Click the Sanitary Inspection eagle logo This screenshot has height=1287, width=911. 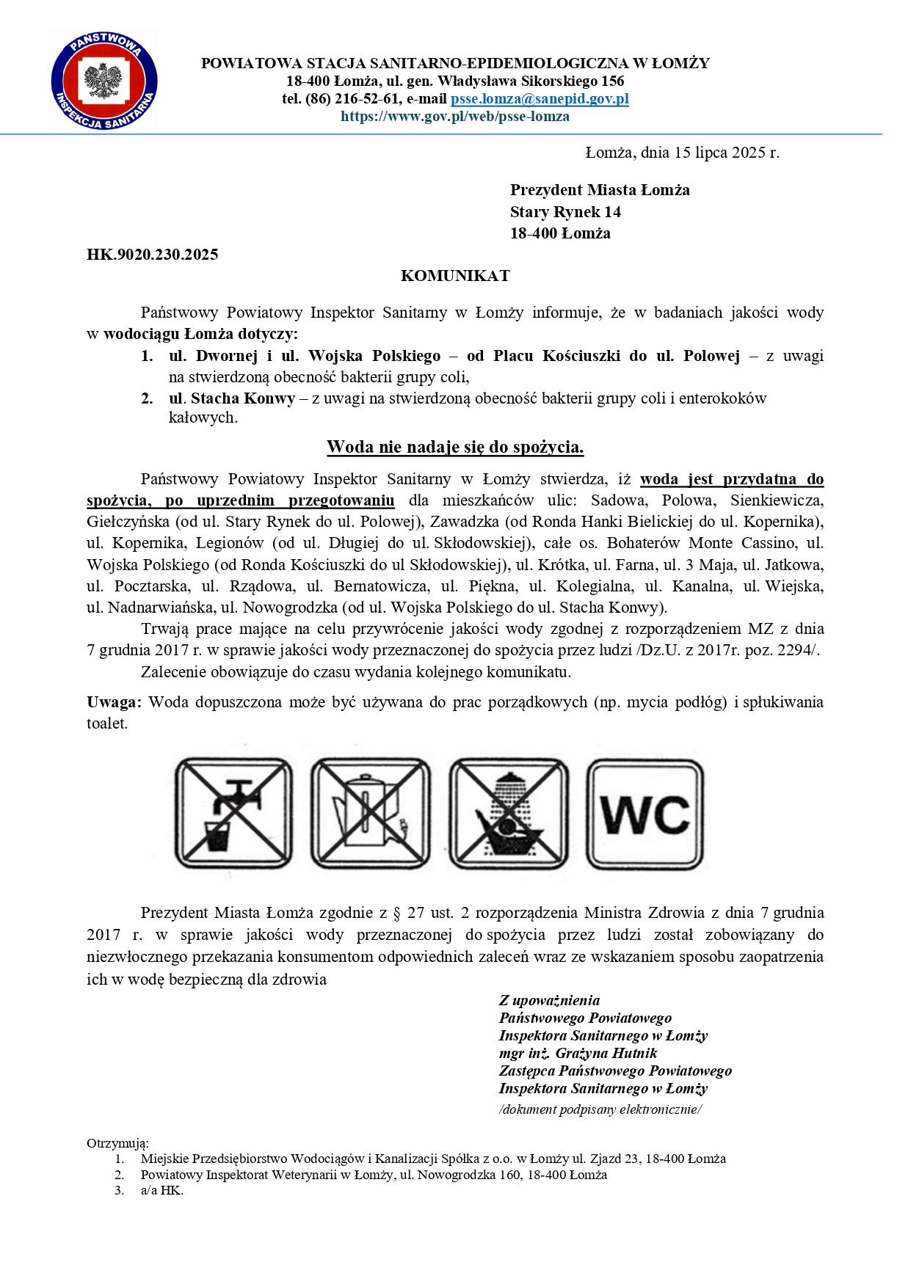click(x=104, y=81)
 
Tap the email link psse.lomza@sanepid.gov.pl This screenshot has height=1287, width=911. click(x=540, y=99)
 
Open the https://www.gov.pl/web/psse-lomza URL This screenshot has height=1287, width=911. click(x=455, y=117)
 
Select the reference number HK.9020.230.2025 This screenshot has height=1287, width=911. click(x=152, y=255)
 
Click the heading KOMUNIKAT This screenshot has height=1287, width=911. click(x=455, y=276)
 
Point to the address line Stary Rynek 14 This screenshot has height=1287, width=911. click(x=565, y=212)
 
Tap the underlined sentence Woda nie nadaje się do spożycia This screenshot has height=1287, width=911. click(x=455, y=447)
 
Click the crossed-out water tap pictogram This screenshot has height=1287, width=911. click(x=233, y=813)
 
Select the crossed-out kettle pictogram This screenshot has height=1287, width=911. click(x=370, y=813)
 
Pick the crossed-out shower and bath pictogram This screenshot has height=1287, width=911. click(x=508, y=813)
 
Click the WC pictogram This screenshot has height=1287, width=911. click(x=645, y=813)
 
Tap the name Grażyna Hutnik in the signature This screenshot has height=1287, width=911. click(x=606, y=1053)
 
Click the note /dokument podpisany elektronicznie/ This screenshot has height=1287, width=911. click(x=600, y=1109)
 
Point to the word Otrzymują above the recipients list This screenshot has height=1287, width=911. click(x=117, y=1143)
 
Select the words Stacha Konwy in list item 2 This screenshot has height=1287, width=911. click(x=242, y=398)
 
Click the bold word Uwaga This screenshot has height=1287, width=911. click(x=114, y=702)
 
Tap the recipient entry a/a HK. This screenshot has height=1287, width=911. click(x=161, y=1190)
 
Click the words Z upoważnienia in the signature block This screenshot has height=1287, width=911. click(x=549, y=1000)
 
